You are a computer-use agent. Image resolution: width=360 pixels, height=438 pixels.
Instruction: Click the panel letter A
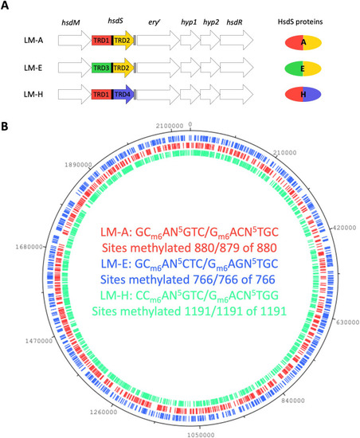(5, 6)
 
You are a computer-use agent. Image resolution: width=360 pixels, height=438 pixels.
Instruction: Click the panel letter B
(4, 127)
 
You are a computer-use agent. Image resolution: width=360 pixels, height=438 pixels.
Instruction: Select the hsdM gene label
(71, 22)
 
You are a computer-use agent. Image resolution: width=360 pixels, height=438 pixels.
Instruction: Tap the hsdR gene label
(234, 22)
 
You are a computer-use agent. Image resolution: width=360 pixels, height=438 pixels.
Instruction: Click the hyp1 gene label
(189, 22)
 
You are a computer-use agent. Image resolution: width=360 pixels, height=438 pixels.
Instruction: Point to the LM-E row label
(33, 68)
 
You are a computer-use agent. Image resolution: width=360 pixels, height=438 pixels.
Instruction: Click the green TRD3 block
(102, 68)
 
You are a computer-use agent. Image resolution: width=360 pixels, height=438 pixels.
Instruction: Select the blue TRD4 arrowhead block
(123, 95)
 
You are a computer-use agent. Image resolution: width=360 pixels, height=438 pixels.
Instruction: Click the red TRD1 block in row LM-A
(102, 41)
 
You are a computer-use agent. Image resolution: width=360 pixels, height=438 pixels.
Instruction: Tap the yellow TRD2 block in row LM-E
(123, 68)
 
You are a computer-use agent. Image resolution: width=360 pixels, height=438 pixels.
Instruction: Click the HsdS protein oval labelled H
(303, 95)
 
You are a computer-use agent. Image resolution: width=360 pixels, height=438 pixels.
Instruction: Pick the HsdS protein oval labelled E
(303, 68)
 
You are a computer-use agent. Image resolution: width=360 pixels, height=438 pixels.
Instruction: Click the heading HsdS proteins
(300, 22)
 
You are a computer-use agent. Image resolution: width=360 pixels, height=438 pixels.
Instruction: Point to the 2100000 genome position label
(170, 126)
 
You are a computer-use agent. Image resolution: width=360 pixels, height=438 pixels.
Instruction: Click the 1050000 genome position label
(201, 435)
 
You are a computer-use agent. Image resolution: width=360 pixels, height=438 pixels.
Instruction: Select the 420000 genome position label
(343, 228)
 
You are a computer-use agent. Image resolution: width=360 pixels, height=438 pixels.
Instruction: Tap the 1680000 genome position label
(29, 247)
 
